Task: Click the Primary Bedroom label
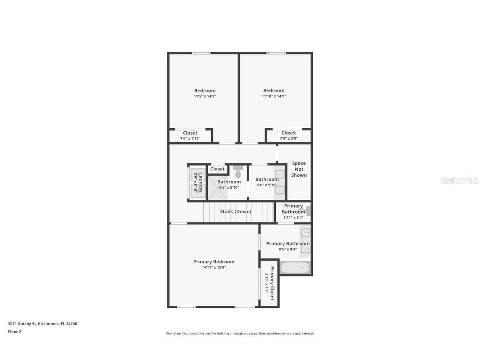pos(213,262)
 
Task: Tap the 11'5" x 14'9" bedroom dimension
pos(205,96)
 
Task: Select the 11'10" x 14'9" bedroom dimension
pos(274,96)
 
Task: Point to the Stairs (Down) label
pos(235,212)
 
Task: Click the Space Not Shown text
pos(299,169)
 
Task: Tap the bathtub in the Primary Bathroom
pos(295,267)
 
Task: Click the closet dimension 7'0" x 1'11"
pos(190,138)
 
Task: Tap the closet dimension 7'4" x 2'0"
pos(289,138)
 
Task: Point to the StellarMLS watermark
pos(459,180)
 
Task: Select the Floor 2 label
pos(14,332)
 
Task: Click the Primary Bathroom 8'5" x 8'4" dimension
pos(287,249)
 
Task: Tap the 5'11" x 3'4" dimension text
pos(293,217)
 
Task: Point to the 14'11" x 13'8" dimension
pos(213,267)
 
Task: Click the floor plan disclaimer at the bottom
pos(240,333)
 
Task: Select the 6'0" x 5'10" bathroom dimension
pos(267,185)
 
